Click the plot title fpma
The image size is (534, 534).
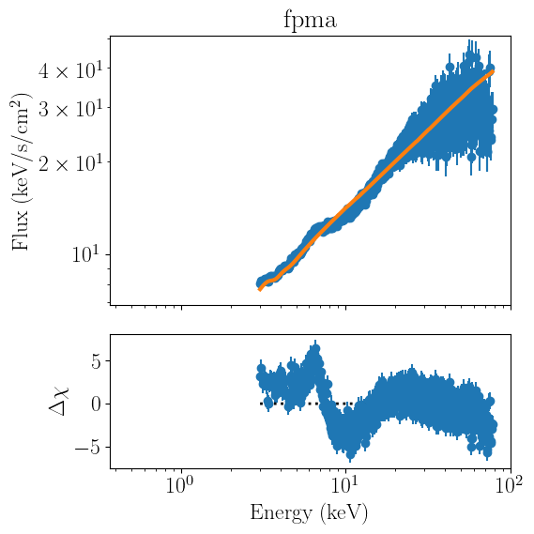click(x=311, y=21)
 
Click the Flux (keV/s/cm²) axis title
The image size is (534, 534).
click(x=21, y=171)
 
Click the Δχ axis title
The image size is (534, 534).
click(x=59, y=401)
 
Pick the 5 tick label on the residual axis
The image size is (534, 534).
click(x=97, y=362)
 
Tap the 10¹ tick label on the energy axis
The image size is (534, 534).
click(x=344, y=485)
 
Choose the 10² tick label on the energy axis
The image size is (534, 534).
click(x=509, y=485)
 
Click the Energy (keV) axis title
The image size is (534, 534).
click(x=309, y=513)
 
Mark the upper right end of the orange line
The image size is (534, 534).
click(x=492, y=70)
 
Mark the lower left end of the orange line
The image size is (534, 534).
click(x=260, y=290)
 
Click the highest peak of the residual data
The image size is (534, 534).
click(x=315, y=348)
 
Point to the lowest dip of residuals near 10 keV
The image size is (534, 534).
click(x=350, y=455)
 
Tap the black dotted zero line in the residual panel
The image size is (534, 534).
click(x=307, y=404)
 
